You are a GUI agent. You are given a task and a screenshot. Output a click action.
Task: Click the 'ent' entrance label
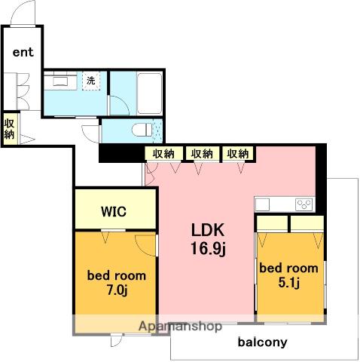tap(23, 52)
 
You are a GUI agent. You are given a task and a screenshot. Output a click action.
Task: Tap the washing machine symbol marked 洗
tap(91, 81)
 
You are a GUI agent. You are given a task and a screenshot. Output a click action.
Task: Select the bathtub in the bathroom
tap(150, 94)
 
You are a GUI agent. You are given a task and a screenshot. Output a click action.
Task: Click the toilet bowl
tap(142, 130)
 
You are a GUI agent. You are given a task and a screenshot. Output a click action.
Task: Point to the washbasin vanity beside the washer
tap(60, 81)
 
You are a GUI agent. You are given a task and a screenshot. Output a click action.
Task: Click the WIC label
tap(114, 212)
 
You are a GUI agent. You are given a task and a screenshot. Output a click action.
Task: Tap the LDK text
tap(208, 230)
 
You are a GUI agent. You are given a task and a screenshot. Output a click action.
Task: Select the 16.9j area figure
tap(209, 248)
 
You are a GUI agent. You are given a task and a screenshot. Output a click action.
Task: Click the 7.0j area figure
tap(117, 290)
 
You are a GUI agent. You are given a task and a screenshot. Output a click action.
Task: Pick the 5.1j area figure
tap(288, 283)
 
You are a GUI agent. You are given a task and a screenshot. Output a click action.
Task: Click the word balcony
tap(262, 342)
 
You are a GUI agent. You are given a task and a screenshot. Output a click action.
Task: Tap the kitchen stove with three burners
tap(304, 204)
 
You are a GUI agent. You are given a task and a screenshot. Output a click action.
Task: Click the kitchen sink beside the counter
tap(263, 204)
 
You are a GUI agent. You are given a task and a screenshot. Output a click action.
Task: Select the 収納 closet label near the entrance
tap(9, 129)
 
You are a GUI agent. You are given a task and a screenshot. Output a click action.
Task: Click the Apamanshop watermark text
tap(180, 326)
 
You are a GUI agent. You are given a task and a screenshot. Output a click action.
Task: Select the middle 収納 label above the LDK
tap(202, 154)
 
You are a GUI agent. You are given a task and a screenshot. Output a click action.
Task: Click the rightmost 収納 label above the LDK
tap(238, 154)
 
